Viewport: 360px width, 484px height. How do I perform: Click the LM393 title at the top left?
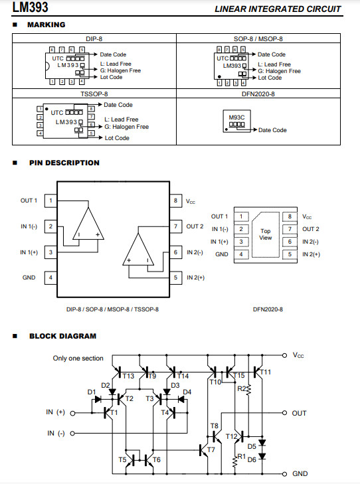pos(31,7)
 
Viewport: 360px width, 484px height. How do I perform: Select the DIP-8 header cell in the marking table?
pos(94,39)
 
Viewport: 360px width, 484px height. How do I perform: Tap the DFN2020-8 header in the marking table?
pos(258,94)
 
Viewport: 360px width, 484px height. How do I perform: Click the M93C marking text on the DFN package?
pos(236,118)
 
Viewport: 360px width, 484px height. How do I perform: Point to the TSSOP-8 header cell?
pos(94,94)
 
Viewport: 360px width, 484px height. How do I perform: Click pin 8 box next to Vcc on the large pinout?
pos(175,201)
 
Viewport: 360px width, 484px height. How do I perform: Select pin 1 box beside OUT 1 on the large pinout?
pos(51,201)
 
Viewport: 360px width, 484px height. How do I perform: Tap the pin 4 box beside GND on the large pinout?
pos(51,278)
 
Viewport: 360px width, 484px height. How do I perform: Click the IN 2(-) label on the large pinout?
pos(195,252)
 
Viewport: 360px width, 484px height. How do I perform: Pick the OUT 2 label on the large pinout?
pos(195,226)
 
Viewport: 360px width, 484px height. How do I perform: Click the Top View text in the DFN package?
pos(266,234)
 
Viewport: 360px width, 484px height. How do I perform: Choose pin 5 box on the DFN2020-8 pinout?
pos(290,254)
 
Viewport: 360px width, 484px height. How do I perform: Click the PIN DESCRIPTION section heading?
pos(64,163)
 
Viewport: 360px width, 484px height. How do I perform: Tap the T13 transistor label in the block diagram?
pos(128,376)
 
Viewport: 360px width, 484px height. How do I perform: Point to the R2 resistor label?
pos(242,388)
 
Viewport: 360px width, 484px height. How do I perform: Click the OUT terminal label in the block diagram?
pos(299,414)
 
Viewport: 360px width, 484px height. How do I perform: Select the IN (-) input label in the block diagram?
pos(56,434)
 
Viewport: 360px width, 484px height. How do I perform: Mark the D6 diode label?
pos(252,460)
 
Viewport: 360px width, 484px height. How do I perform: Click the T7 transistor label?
pos(211,449)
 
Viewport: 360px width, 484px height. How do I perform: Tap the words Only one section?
pos(78,358)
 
